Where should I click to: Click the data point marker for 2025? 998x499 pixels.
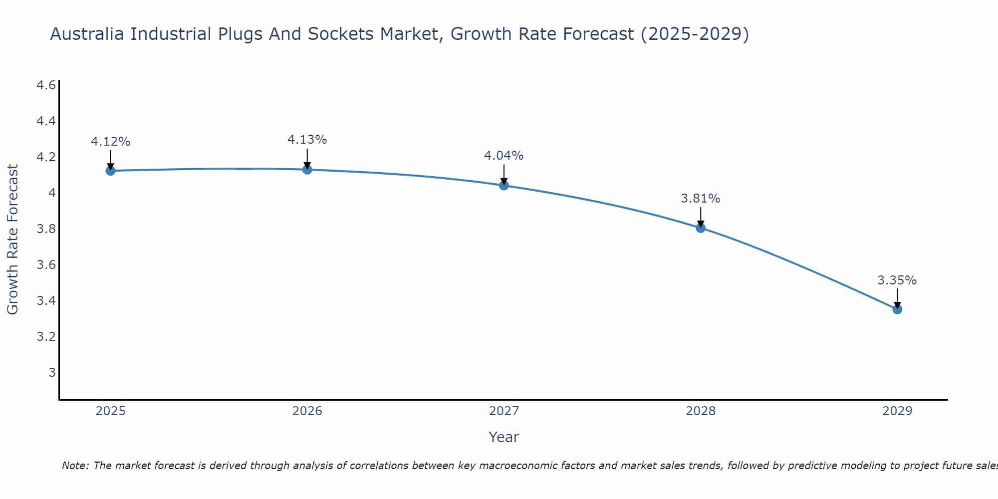pos(110,171)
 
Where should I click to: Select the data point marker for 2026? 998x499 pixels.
pos(307,170)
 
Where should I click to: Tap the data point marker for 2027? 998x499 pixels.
pos(504,186)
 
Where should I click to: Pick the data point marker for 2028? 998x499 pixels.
pos(701,228)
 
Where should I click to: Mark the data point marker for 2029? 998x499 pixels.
pos(897,309)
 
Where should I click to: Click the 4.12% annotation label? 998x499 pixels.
pos(110,142)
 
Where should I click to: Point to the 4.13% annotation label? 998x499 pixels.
pos(307,140)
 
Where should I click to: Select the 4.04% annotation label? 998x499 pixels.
pos(504,156)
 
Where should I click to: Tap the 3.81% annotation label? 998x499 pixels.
pos(701,199)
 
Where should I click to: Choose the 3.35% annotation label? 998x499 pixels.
pos(897,280)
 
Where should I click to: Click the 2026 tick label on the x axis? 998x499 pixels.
pos(307,411)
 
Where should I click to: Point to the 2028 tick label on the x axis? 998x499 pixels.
pos(701,411)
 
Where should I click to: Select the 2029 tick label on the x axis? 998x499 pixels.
pos(897,411)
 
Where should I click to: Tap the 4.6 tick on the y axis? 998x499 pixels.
pos(46,85)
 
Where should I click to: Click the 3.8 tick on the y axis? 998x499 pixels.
pos(46,229)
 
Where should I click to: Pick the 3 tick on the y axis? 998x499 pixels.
pos(52,372)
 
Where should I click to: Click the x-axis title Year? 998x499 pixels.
pos(504,437)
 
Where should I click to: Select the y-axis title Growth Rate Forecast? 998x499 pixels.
pos(12,240)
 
